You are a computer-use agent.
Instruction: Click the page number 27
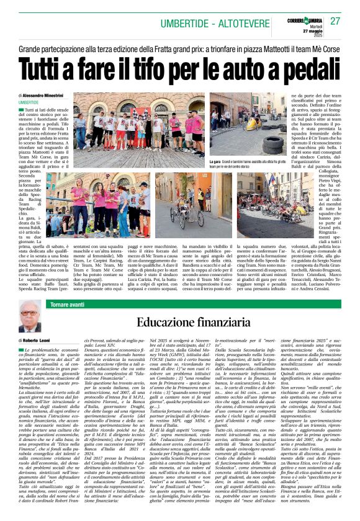(x=335, y=20)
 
